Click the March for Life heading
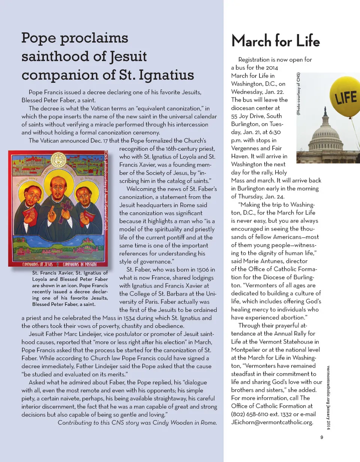click(x=276, y=41)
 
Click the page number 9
click(x=322, y=437)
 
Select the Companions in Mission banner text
click(x=83, y=264)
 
